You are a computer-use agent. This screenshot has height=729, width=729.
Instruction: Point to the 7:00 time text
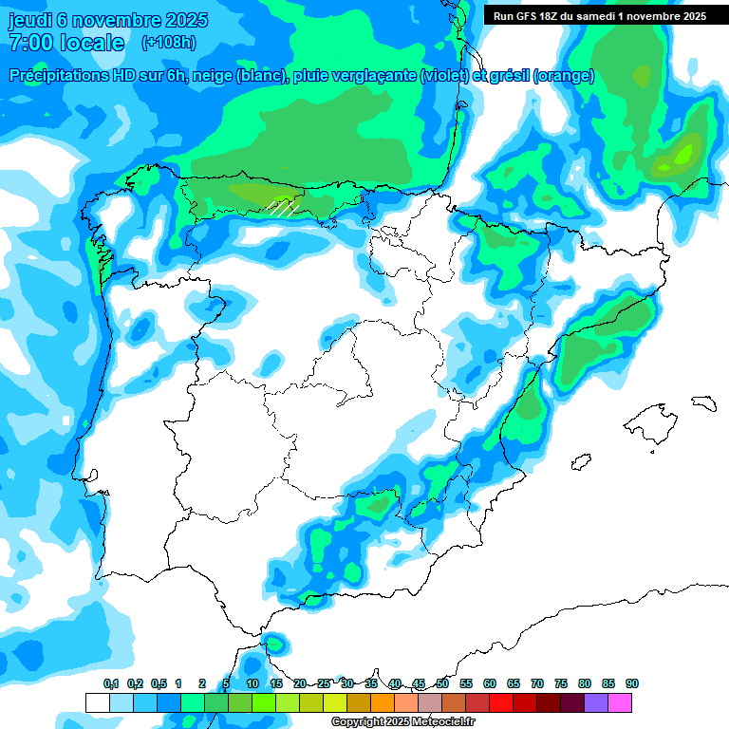pos(28,43)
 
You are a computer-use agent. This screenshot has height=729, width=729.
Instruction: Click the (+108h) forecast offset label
pos(168,42)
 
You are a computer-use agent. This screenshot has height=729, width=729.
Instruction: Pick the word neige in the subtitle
pos(215,76)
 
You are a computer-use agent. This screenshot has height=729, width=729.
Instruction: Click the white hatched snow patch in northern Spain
pos(283,206)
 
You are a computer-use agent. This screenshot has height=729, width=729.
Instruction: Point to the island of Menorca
pos(703,402)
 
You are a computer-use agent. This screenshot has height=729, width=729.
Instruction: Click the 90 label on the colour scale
pos(632,683)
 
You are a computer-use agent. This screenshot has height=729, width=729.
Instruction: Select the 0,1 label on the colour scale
pos(111,683)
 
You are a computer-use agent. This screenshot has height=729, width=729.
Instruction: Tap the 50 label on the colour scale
pos(442,683)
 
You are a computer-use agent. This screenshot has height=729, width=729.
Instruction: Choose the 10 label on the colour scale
pos(252,683)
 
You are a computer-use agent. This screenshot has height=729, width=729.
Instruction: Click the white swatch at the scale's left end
pos(97,702)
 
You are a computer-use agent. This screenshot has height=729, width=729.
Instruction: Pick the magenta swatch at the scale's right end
pos(620,702)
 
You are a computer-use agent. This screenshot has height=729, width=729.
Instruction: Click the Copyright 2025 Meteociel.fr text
pos(403,722)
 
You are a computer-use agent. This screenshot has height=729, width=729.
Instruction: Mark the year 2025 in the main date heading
pos(187,20)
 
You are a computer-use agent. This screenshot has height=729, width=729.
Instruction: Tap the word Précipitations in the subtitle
pos(59,76)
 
